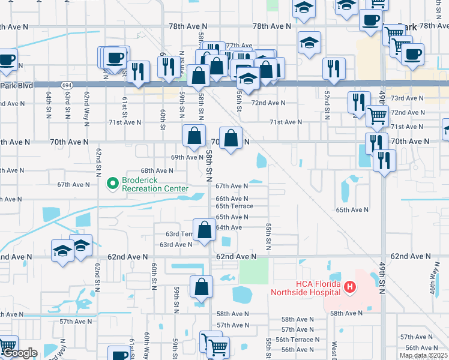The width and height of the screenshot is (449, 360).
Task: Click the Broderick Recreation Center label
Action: point(150,184)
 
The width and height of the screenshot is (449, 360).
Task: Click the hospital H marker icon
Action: point(350,289)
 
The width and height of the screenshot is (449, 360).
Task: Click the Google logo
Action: point(20,353)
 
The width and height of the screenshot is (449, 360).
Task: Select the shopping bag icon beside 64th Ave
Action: point(205,230)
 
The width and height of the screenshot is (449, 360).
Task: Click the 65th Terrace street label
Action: point(235,206)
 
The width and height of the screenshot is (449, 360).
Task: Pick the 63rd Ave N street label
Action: point(175,244)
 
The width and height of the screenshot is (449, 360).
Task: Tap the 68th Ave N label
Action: point(157,170)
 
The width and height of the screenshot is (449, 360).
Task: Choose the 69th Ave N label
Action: point(187,157)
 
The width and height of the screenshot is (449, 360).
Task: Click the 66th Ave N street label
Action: point(232,199)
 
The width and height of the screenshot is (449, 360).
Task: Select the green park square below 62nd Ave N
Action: point(254,272)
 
